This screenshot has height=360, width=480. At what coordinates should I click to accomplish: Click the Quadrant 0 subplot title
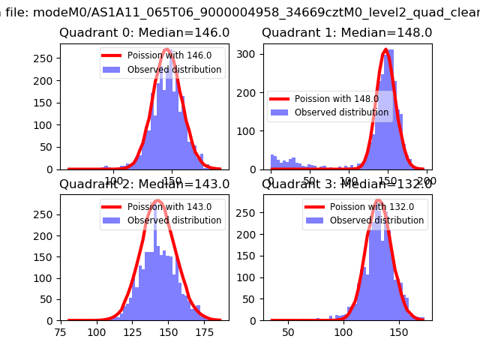pyautogui.click(x=144, y=33)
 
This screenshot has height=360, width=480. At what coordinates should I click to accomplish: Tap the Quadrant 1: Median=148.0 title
pyautogui.click(x=346, y=33)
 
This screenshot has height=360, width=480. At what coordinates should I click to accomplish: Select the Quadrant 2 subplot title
pyautogui.click(x=144, y=184)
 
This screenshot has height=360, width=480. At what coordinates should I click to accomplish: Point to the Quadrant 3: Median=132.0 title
pyautogui.click(x=346, y=184)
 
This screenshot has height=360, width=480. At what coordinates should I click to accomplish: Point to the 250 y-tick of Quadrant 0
pyautogui.click(x=46, y=58)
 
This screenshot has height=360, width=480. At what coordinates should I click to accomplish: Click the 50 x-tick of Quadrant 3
pyautogui.click(x=288, y=331)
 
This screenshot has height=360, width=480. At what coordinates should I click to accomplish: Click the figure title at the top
pyautogui.click(x=240, y=10)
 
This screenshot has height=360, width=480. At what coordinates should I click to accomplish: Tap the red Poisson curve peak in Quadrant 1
pyautogui.click(x=385, y=50)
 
